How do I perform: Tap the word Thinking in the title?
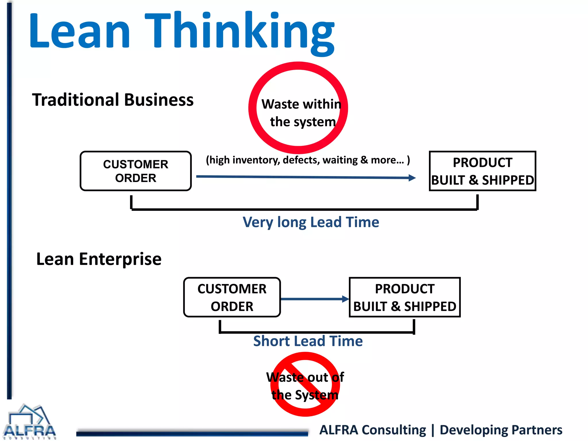click(x=240, y=32)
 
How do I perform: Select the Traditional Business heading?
click(x=113, y=100)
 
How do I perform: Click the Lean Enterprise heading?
click(x=99, y=259)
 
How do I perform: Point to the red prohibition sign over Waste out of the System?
click(x=305, y=384)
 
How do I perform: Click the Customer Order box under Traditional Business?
click(x=136, y=171)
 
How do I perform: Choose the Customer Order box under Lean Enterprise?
click(x=232, y=297)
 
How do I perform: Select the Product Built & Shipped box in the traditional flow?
click(x=482, y=171)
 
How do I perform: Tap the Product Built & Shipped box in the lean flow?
click(x=405, y=297)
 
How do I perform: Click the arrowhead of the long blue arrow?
click(x=412, y=178)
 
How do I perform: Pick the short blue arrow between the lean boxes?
click(x=314, y=299)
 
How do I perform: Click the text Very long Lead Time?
click(x=311, y=222)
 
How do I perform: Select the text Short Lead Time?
click(x=308, y=341)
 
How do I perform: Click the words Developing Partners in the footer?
click(x=501, y=430)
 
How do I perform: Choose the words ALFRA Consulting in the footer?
click(x=372, y=430)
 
